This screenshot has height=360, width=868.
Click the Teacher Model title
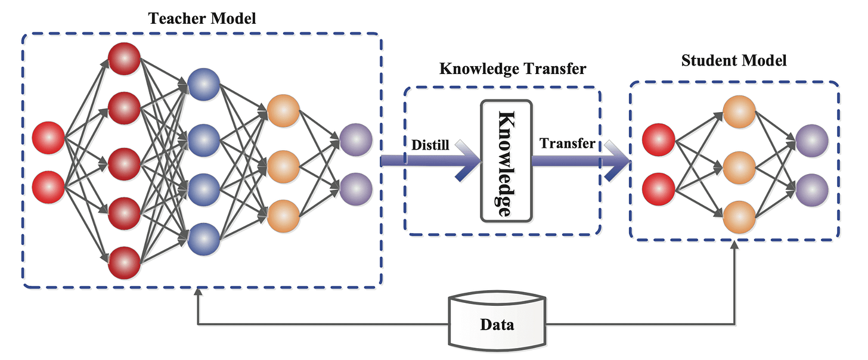pyautogui.click(x=202, y=18)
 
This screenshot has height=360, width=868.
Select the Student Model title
pyautogui.click(x=734, y=61)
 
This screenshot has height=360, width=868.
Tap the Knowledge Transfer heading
pyautogui.click(x=512, y=69)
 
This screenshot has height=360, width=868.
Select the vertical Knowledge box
pyautogui.click(x=505, y=162)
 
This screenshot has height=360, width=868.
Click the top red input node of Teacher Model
pyautogui.click(x=48, y=138)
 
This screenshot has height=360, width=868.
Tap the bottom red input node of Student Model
pyautogui.click(x=659, y=188)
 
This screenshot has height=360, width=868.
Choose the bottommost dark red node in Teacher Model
pyautogui.click(x=124, y=262)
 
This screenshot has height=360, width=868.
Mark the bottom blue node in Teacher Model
pyautogui.click(x=203, y=238)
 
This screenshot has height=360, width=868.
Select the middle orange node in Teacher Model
pyautogui.click(x=283, y=166)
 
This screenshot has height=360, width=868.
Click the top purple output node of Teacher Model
pyautogui.click(x=356, y=141)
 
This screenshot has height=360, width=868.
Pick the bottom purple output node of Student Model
pyautogui.click(x=812, y=190)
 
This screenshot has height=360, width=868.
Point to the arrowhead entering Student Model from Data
pyautogui.click(x=734, y=246)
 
